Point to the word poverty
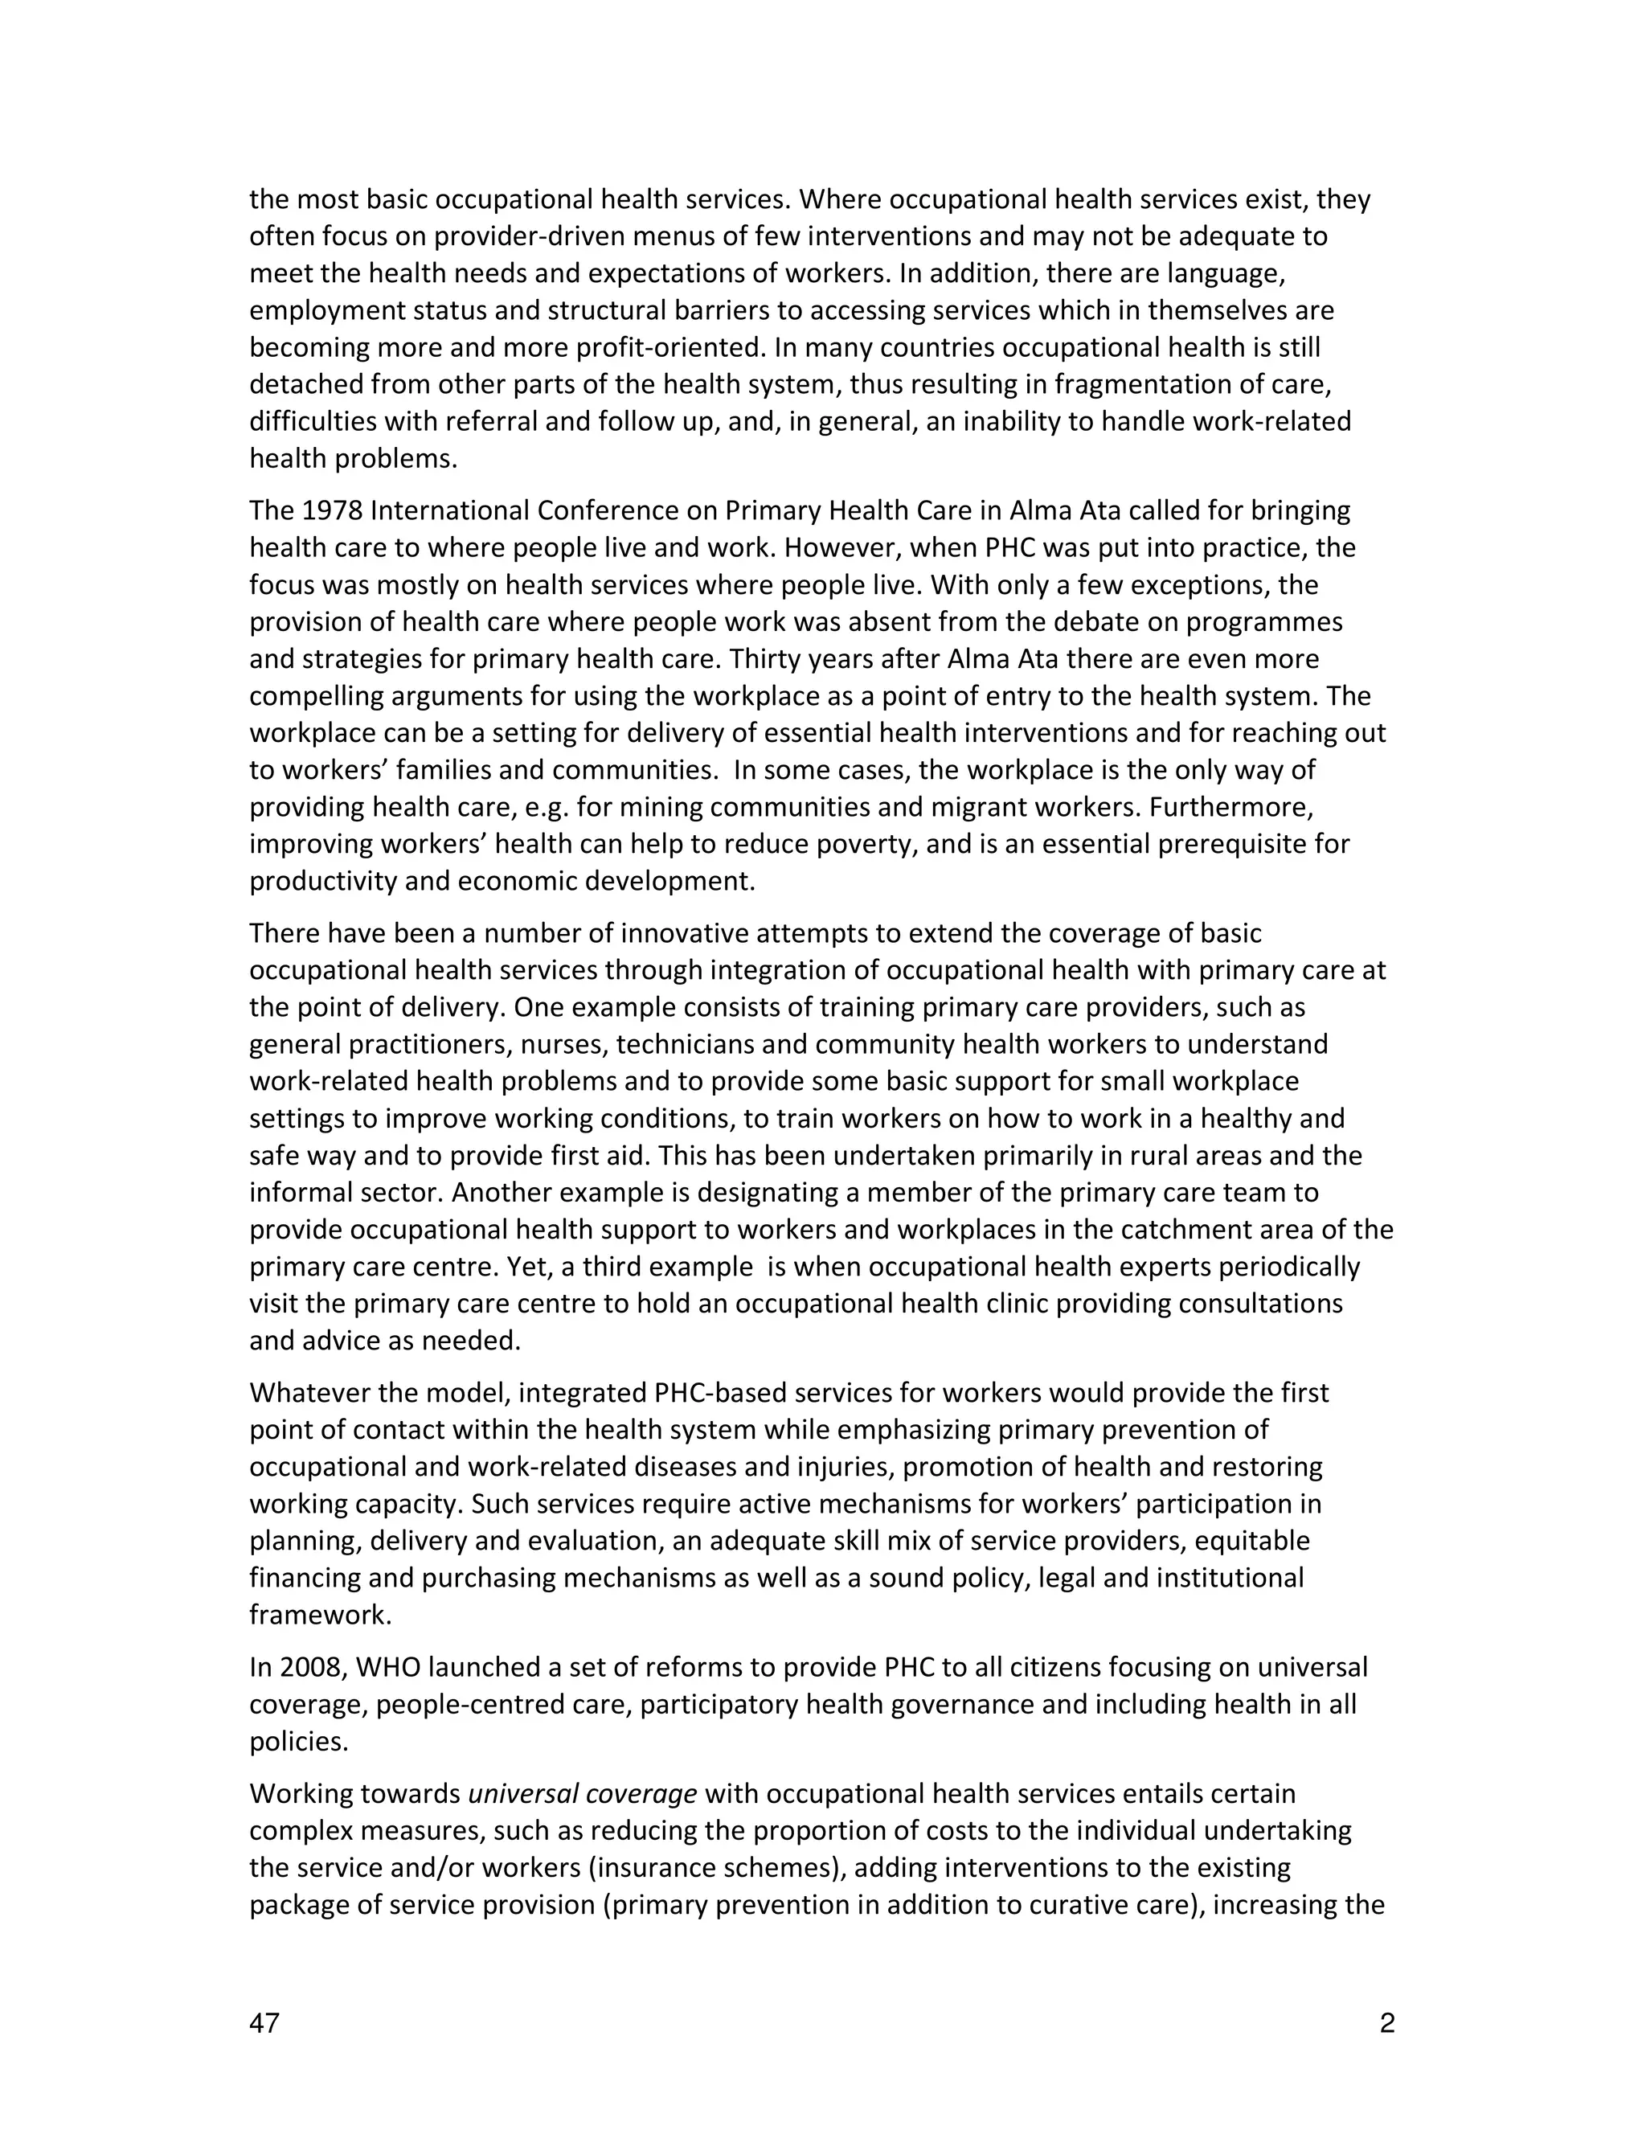pos(870,844)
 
